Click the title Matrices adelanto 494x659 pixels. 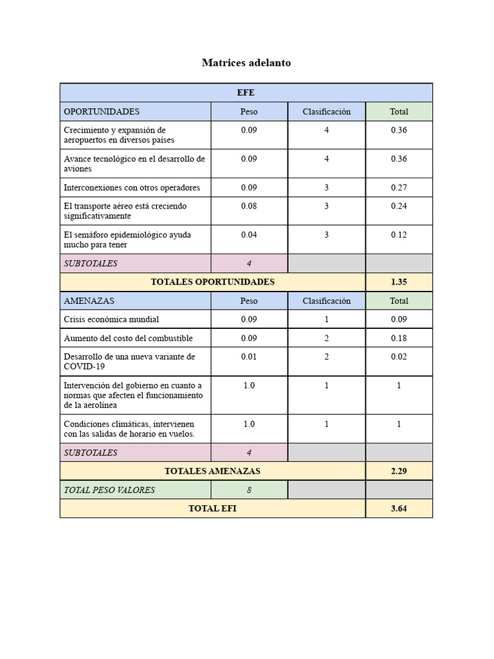[246, 62]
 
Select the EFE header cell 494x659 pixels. [246, 93]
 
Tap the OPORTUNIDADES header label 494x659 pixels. [102, 111]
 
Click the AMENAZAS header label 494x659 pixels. [89, 301]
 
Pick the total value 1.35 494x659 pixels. [399, 282]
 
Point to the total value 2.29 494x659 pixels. [399, 471]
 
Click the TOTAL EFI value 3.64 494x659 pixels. [399, 508]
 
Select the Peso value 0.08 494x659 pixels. [249, 206]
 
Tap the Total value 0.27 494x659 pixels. [399, 188]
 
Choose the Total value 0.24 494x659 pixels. [399, 206]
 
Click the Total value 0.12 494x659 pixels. [399, 234]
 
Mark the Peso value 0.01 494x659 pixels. [249, 357]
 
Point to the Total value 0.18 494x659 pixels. [399, 338]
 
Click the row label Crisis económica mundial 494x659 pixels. [111, 319]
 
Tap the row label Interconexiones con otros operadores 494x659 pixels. [132, 188]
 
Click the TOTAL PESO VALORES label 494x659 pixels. [109, 490]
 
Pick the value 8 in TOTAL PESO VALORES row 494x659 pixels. [249, 490]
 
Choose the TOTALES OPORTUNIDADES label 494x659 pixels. [212, 282]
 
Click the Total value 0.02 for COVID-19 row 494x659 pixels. [399, 357]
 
